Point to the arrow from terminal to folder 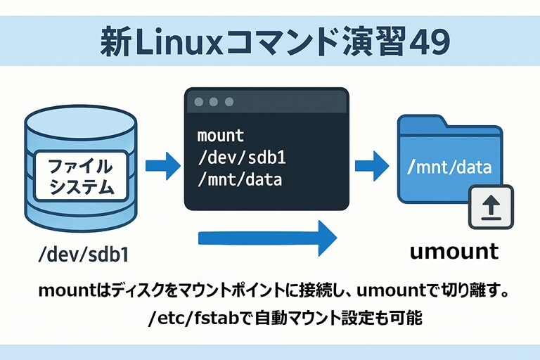[372, 167]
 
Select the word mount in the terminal [221, 135]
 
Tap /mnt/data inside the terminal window [240, 180]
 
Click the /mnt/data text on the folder [450, 168]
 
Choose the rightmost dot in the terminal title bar [229, 102]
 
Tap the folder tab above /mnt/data [422, 123]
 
